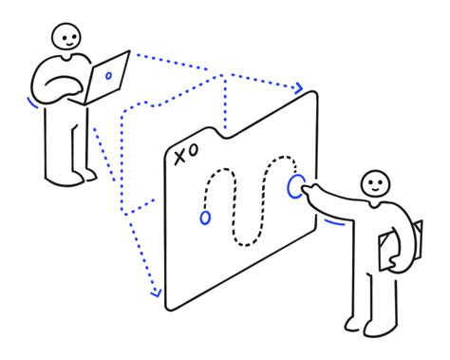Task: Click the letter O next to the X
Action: tap(194, 151)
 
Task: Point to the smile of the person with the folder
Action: tap(378, 189)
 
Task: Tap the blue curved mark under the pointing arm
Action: tap(331, 224)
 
